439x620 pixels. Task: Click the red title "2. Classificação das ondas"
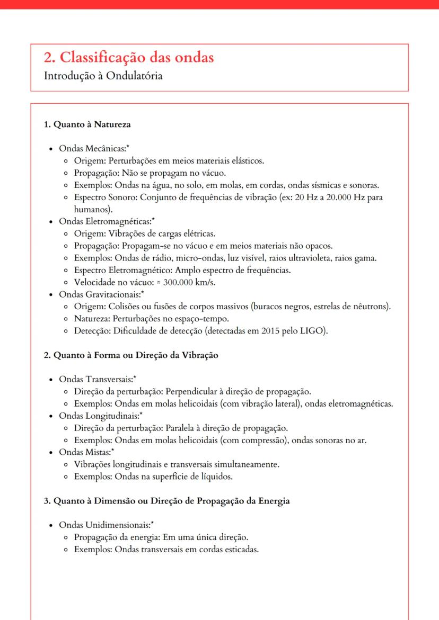(x=129, y=57)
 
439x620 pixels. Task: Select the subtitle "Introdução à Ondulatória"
(x=103, y=76)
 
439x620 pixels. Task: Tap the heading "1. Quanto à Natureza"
(x=87, y=125)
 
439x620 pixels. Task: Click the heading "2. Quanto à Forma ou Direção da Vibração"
(x=130, y=355)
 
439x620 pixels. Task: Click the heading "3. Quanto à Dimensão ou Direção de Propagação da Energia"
(x=166, y=501)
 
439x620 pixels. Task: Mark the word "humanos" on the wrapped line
(x=90, y=209)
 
